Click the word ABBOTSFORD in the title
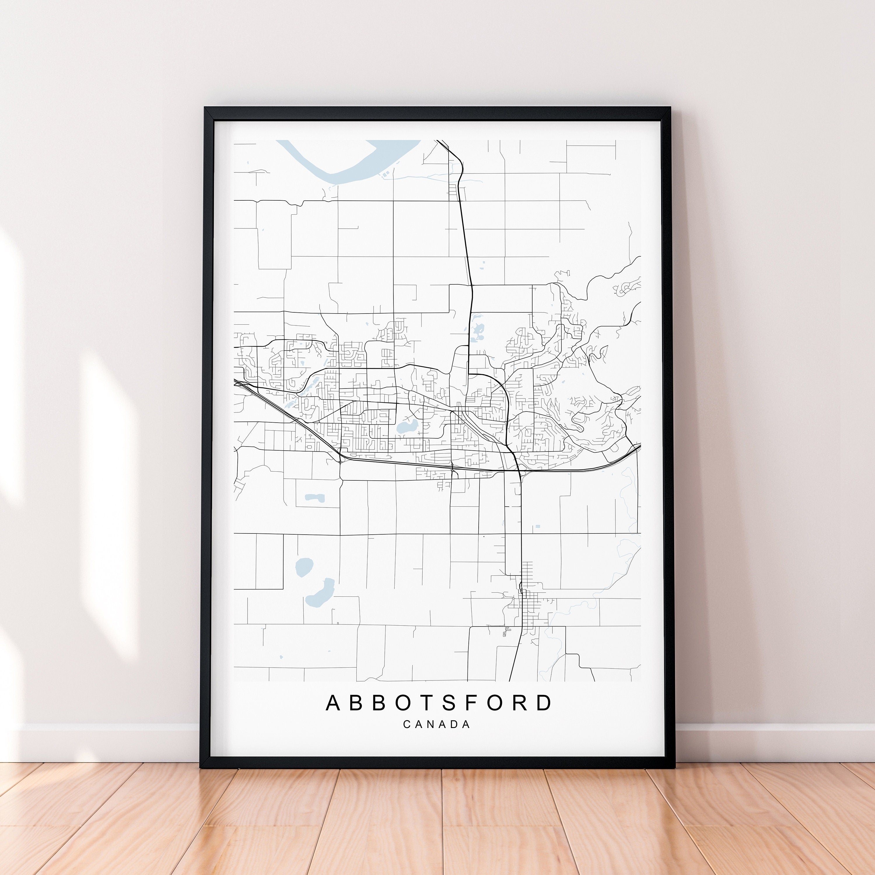click(438, 703)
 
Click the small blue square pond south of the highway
click(538, 526)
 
